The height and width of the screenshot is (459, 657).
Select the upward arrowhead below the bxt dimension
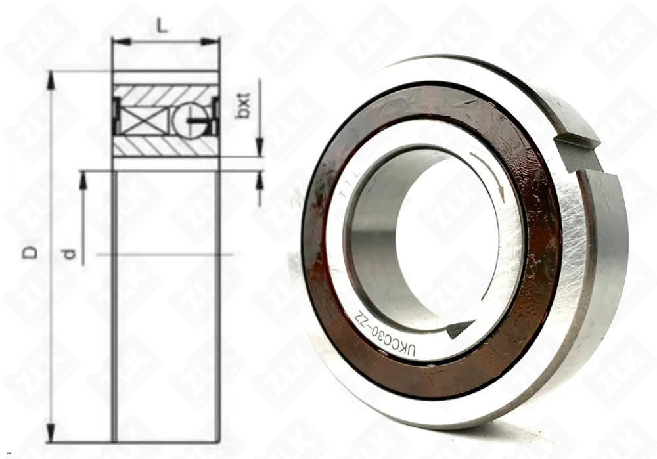click(x=260, y=179)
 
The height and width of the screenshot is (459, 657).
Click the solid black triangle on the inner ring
click(x=459, y=328)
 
